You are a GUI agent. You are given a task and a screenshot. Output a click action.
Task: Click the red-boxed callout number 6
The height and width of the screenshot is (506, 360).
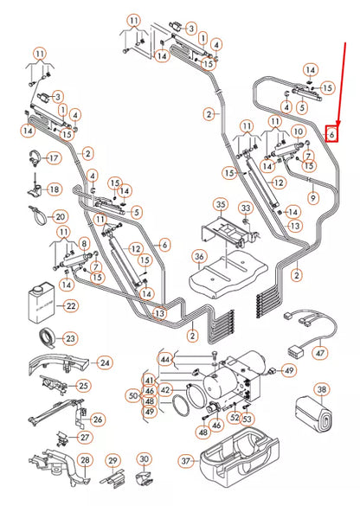(x=331, y=134)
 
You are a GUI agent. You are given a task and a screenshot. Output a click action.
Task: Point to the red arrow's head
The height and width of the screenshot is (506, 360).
(x=331, y=122)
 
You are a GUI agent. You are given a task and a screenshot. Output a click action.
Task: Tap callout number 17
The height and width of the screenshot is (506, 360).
(x=53, y=158)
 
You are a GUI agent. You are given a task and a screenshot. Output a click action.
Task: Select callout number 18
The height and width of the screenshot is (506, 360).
(x=54, y=189)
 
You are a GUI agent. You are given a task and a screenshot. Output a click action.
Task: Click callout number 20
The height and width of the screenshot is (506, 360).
(x=59, y=216)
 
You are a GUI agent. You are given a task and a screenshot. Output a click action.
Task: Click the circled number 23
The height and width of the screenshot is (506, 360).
(x=71, y=338)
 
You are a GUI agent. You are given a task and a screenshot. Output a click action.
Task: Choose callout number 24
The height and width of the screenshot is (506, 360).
(x=105, y=362)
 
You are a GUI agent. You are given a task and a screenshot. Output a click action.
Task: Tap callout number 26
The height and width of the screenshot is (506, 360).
(x=97, y=420)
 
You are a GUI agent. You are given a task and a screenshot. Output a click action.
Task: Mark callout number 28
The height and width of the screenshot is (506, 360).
(x=84, y=459)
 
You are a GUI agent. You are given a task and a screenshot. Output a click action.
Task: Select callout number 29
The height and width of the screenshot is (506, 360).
(x=112, y=459)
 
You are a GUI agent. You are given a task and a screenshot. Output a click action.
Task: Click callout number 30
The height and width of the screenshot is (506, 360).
(x=145, y=459)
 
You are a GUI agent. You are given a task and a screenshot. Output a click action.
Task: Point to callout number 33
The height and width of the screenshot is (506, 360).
(x=246, y=208)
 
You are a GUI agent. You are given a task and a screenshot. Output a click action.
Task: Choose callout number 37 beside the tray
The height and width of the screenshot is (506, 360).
(x=184, y=485)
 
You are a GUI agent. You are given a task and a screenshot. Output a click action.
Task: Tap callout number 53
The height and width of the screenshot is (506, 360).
(x=247, y=420)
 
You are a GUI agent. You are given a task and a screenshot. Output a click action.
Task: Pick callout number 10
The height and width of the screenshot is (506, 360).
(x=299, y=131)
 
